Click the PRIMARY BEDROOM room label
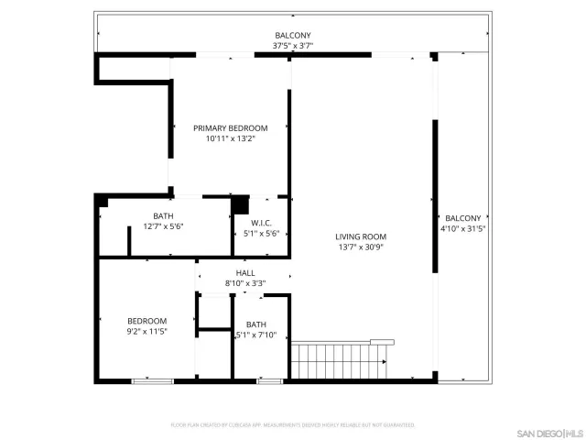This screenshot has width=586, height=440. [230, 127]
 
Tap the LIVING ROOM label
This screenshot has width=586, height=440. [361, 236]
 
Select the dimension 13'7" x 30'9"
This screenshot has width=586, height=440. [361, 247]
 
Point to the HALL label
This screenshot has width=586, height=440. [245, 272]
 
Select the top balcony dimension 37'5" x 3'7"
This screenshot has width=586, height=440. [292, 46]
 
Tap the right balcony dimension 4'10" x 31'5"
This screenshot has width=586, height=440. [462, 229]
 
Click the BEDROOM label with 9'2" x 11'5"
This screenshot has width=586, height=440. [146, 321]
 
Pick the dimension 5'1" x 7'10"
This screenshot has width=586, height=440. [256, 335]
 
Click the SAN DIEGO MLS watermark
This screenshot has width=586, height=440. [548, 432]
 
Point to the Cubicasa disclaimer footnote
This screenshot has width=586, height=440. [292, 425]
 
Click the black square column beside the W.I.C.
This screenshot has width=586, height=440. [239, 204]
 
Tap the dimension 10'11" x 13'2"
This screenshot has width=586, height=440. [230, 139]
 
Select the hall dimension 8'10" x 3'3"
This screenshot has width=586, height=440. [245, 283]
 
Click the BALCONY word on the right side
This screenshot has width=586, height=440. [462, 218]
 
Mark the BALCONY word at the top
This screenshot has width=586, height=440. [292, 35]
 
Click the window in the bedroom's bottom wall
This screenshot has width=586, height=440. [152, 380]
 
